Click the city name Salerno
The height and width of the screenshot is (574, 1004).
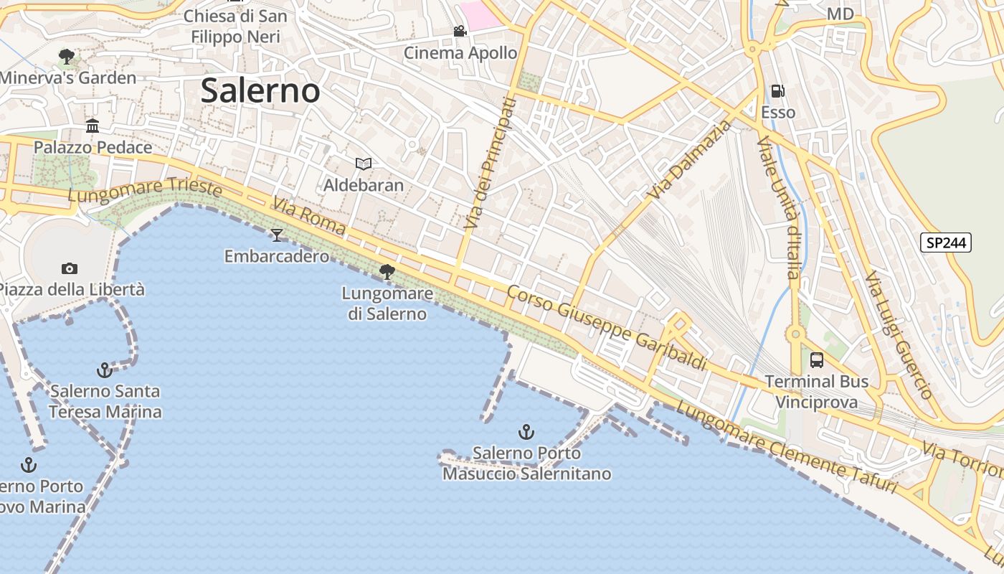(260, 90)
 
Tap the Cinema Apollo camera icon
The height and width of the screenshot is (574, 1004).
(460, 32)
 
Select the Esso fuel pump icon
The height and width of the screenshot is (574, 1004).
(778, 91)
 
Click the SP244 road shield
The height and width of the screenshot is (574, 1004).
(946, 243)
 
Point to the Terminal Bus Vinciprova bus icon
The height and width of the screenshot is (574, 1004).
(817, 360)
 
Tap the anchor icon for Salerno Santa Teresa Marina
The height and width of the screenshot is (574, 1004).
(105, 370)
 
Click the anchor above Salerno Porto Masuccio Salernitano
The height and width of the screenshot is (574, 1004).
(526, 432)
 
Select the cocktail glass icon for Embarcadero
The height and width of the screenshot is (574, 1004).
(277, 235)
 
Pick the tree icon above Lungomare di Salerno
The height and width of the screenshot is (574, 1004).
(387, 271)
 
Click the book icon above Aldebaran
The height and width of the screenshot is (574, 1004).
(364, 164)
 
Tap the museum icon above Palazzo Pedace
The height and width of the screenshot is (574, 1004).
(93, 126)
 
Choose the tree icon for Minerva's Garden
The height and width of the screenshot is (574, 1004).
(67, 56)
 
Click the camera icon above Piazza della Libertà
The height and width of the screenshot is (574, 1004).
(70, 268)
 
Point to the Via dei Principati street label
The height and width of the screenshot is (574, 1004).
(490, 164)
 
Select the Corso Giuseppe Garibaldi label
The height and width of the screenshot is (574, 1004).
(607, 328)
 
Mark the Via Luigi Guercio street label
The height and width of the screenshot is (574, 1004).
(898, 334)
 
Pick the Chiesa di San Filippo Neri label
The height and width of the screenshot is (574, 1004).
(235, 25)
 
